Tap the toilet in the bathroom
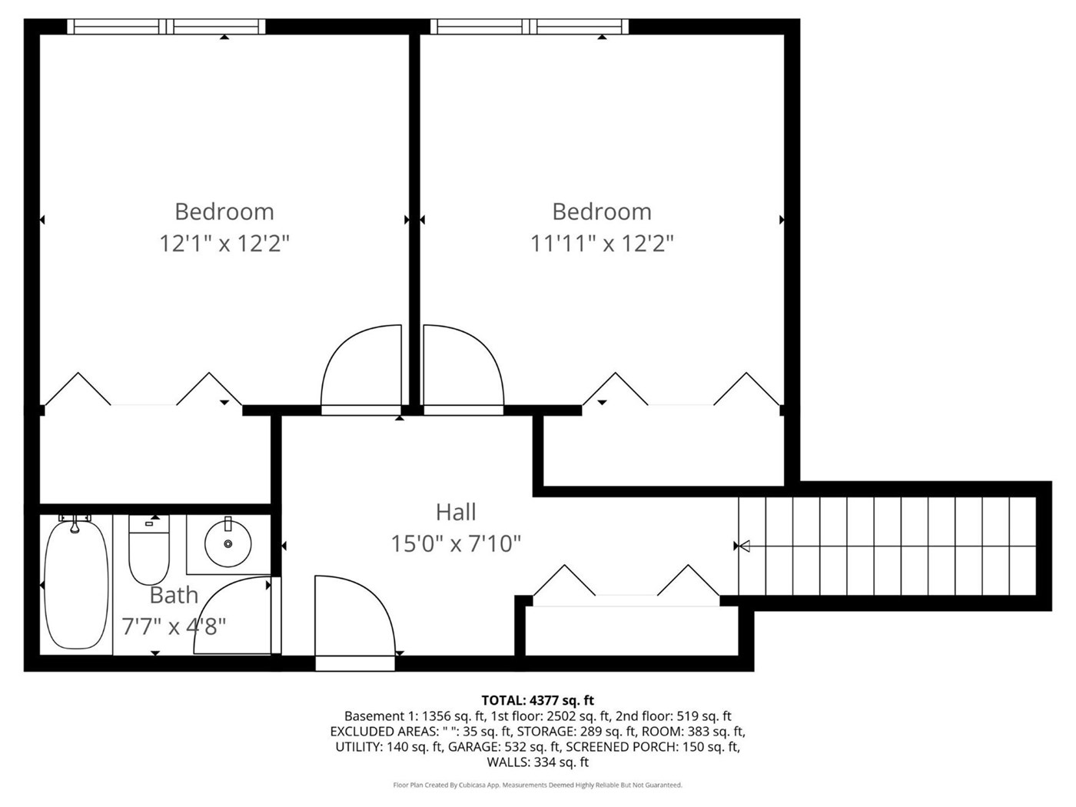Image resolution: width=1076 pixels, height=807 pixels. [x=149, y=549]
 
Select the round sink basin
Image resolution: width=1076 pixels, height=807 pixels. [x=228, y=544]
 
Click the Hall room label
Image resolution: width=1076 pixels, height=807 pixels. [x=456, y=512]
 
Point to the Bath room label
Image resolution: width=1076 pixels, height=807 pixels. [x=174, y=595]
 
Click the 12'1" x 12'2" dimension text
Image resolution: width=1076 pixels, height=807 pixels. [x=224, y=243]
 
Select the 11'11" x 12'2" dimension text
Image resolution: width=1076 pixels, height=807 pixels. [x=602, y=243]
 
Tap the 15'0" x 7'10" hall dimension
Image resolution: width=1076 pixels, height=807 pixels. [x=456, y=543]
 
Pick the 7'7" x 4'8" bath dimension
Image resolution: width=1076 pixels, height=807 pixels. [x=174, y=626]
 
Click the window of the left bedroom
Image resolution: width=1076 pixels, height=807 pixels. [x=166, y=26]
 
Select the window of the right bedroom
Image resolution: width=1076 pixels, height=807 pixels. [x=530, y=26]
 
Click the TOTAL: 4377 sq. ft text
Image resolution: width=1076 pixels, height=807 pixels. [x=538, y=700]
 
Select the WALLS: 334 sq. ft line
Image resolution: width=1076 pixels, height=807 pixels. [x=538, y=762]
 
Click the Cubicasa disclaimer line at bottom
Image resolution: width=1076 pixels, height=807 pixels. [x=538, y=785]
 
